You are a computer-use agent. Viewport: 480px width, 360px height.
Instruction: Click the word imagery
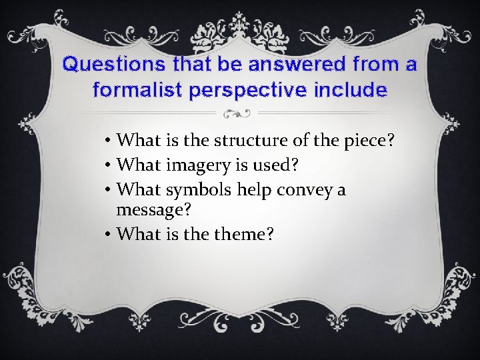199,165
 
